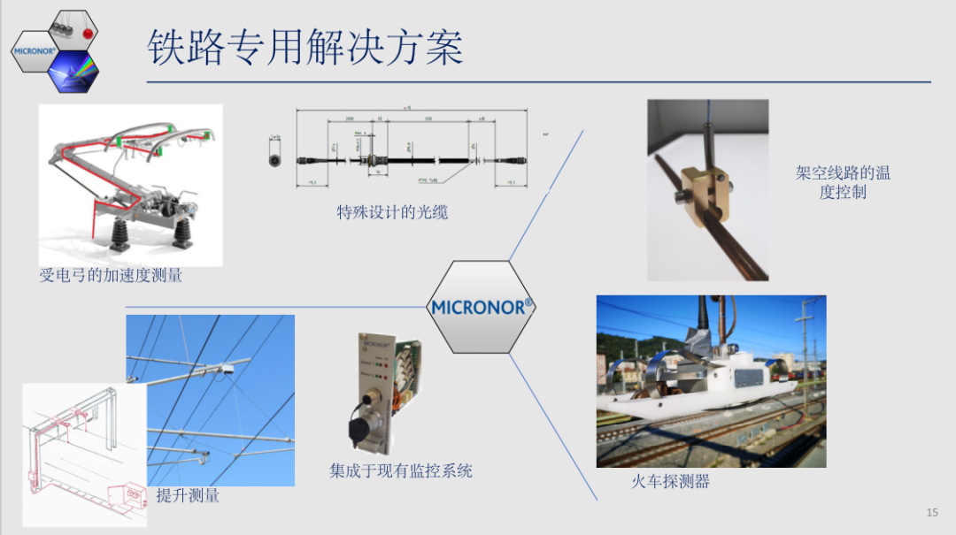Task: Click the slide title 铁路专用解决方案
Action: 305,47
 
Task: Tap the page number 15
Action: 931,512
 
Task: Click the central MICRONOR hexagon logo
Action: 481,307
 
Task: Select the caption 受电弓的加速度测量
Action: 111,276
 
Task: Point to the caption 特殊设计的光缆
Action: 392,212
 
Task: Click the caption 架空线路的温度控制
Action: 843,182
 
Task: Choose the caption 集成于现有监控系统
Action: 401,471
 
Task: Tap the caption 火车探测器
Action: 670,482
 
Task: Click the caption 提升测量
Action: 188,495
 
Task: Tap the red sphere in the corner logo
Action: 88,33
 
